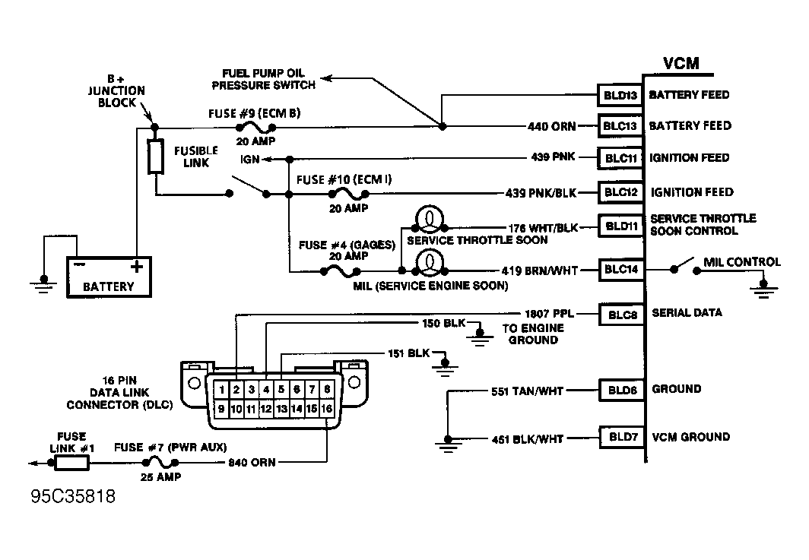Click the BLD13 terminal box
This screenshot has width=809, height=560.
click(620, 95)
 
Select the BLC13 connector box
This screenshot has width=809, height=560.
click(620, 126)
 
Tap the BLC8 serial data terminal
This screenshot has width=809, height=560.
click(620, 313)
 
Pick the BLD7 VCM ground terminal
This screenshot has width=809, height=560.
click(620, 437)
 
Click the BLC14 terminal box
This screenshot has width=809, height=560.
click(620, 268)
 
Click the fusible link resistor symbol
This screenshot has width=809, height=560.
click(156, 157)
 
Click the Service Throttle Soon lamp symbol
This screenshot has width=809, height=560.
click(428, 220)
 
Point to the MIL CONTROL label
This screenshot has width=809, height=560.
click(741, 262)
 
